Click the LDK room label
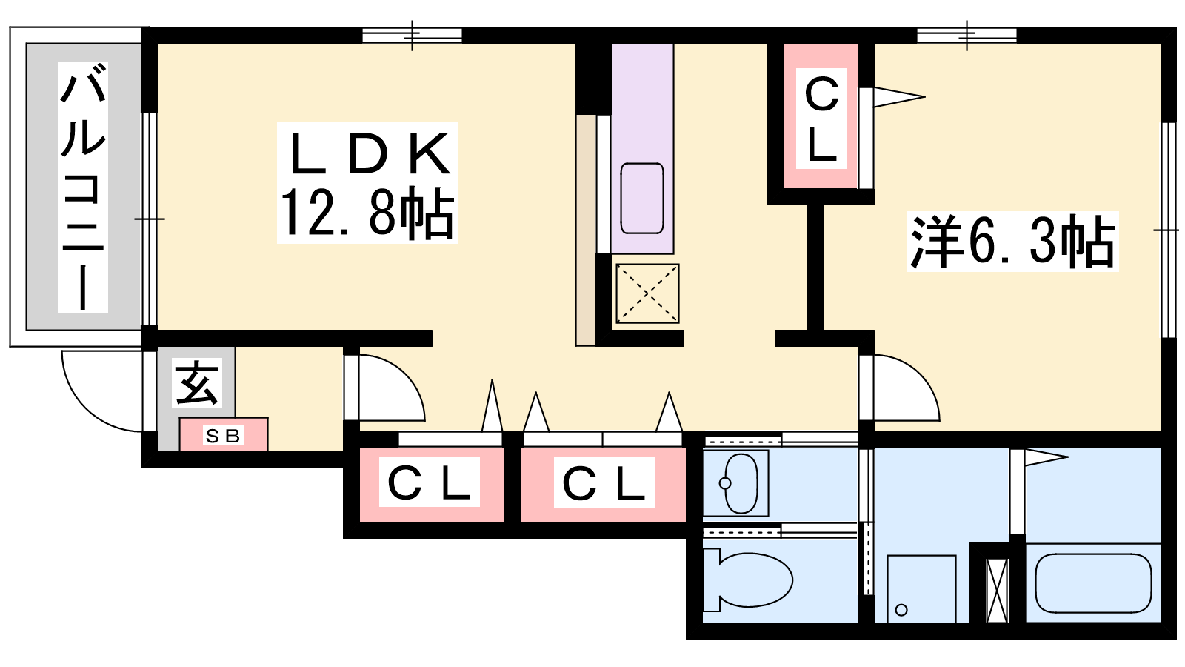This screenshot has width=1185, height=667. tap(368, 153)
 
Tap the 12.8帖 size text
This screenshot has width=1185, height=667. tap(367, 214)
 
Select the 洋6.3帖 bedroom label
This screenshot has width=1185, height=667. tap(1012, 242)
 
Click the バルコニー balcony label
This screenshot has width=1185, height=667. tap(82, 188)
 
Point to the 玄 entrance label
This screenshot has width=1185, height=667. tap(197, 383)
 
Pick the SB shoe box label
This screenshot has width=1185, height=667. tap(223, 436)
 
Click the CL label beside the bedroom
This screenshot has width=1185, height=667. tap(821, 119)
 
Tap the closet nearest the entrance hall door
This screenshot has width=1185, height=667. tap(432, 485)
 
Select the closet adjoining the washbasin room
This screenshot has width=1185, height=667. tap(604, 485)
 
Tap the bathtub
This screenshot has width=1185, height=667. tap(1093, 583)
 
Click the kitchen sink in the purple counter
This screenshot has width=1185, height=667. tap(642, 199)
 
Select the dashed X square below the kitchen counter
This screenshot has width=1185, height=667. tap(647, 293)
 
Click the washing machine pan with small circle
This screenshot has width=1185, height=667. tap(921, 588)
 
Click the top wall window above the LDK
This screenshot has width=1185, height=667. tap(412, 35)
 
